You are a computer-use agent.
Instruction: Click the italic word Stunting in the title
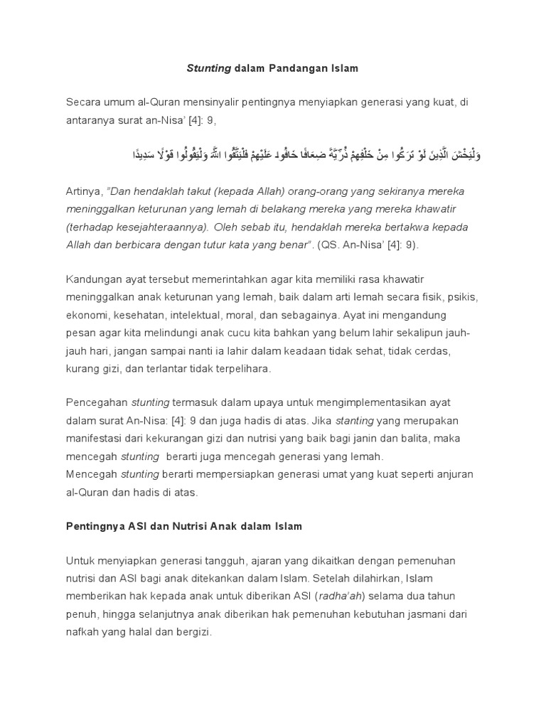[208, 69]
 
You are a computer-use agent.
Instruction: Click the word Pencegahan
[97, 403]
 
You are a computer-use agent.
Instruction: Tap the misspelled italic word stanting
[354, 421]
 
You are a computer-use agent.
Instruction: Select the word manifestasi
[94, 439]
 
